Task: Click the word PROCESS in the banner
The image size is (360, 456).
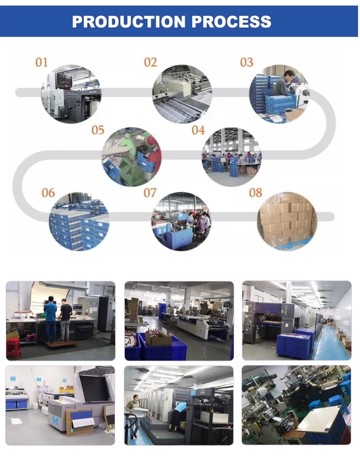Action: [231, 22]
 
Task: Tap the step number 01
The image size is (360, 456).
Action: [42, 62]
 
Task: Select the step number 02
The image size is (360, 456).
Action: [150, 62]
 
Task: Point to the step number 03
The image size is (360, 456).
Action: [246, 62]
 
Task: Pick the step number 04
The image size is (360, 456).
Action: [198, 130]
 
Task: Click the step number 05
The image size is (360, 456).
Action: [98, 130]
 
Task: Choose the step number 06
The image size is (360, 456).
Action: [48, 192]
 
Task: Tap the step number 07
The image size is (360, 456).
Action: [150, 192]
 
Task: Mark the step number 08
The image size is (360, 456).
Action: [255, 192]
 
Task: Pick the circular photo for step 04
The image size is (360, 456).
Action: [231, 157]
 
